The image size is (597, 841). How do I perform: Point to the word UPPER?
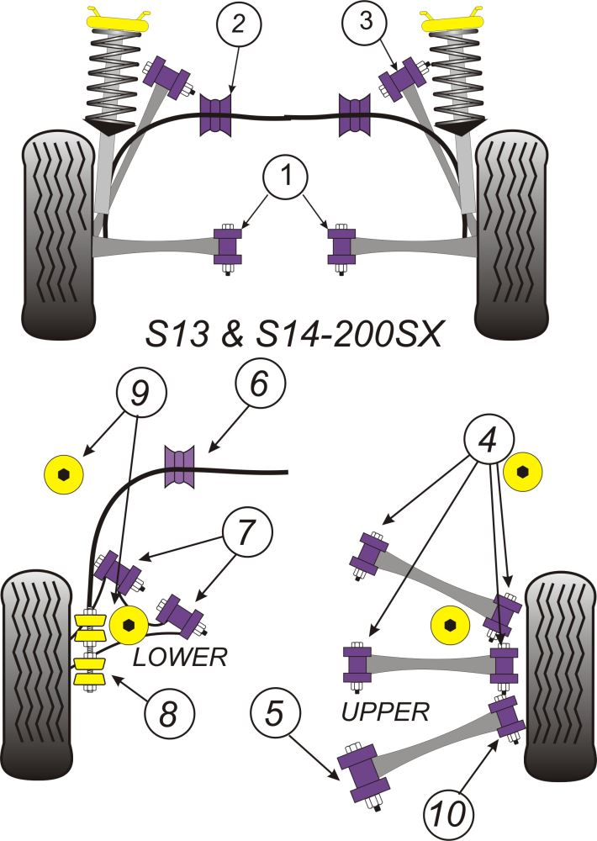386,712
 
